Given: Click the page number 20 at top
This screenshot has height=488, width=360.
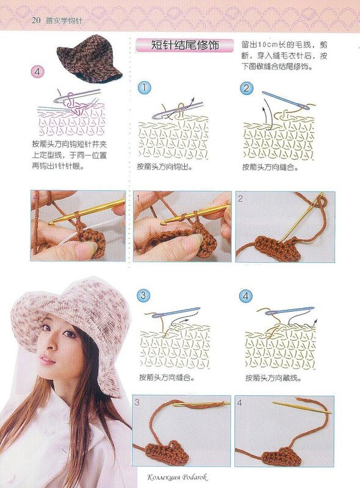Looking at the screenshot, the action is [36, 21].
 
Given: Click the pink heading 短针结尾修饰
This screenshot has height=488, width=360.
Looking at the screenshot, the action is [185, 45].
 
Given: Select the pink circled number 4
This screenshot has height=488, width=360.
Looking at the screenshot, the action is [37, 72].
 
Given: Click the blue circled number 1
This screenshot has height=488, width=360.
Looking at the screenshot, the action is [144, 87].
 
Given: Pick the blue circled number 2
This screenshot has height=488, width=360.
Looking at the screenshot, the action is [247, 88].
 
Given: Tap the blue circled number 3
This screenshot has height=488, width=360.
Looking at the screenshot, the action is [143, 295].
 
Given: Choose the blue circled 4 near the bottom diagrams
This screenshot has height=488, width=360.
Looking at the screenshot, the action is [246, 296].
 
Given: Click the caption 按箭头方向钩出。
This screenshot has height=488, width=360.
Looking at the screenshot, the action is [165, 167].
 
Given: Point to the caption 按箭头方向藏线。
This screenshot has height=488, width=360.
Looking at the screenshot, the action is [273, 378].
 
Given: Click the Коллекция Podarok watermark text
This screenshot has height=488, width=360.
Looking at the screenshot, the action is [177, 477].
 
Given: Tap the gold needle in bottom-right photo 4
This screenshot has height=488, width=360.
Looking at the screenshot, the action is [301, 407].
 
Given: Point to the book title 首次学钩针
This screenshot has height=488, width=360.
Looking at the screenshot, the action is [64, 21].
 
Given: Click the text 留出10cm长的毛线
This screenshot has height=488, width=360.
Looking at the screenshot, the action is [276, 45].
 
